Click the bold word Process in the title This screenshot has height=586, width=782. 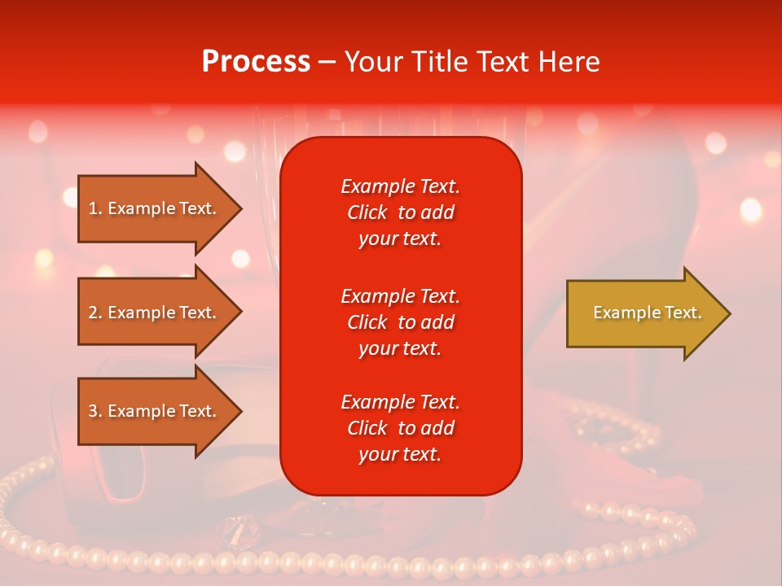pos(256,62)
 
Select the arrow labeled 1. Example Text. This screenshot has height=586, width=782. pos(155,209)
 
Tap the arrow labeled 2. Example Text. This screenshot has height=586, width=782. pos(155,313)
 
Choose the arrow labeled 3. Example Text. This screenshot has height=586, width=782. pos(155,411)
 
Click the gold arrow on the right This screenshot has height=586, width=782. pos(644,313)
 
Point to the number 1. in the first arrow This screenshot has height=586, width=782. pos(95,209)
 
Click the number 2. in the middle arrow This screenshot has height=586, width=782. pos(95,313)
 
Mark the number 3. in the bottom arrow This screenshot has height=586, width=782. pos(95,411)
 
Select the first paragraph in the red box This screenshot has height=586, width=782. pos(400,212)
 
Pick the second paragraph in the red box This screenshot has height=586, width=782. pos(400,322)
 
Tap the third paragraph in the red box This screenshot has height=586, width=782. pos(400,428)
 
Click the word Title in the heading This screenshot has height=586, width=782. pos(440,62)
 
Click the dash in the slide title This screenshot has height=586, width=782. pos(327,62)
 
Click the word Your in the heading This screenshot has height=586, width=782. pos(376,62)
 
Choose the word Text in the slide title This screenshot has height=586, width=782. pos(503,62)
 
